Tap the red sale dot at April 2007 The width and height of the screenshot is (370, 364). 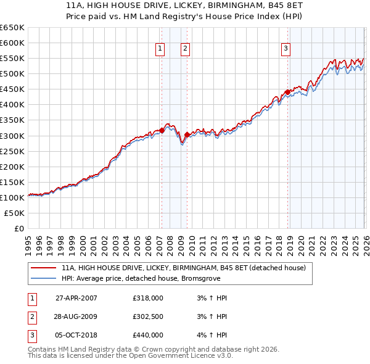click(162, 130)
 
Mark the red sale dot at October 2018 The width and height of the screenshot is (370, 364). click(287, 92)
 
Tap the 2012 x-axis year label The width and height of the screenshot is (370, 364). click(213, 241)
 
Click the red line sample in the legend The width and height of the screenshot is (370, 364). click(43, 268)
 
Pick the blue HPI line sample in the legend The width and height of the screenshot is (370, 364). click(43, 278)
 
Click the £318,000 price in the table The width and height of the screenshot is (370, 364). click(148, 298)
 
